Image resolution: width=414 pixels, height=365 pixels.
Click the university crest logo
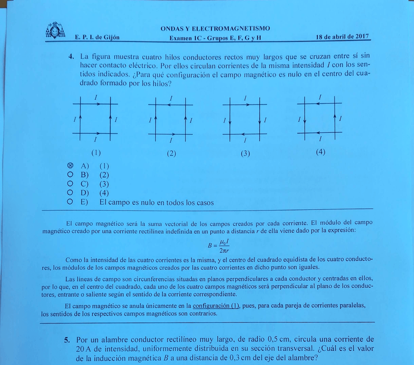coord(55,31)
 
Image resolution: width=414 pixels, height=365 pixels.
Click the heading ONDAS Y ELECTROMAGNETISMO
coord(215,28)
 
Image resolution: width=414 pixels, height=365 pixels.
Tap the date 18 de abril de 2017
coord(342,37)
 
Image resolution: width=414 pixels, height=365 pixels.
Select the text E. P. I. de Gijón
coord(97,38)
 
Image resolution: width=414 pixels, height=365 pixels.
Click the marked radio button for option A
coord(70,166)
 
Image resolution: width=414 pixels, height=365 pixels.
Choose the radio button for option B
coord(70,174)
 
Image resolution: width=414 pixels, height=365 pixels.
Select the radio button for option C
coord(70,184)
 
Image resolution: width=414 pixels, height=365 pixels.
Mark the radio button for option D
coord(70,193)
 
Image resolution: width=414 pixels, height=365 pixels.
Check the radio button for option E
coord(70,202)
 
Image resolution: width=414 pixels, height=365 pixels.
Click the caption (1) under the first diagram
coord(96,152)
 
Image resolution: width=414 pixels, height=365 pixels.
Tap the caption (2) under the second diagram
coord(171,153)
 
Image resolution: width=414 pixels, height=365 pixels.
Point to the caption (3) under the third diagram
coord(245,153)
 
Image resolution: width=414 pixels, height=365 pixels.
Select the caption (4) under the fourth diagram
coord(320,151)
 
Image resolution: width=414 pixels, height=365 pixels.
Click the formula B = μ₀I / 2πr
coord(218,246)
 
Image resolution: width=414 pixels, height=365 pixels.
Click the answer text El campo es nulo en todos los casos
coord(156,202)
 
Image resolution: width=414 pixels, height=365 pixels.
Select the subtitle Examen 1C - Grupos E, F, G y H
coord(215,38)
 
